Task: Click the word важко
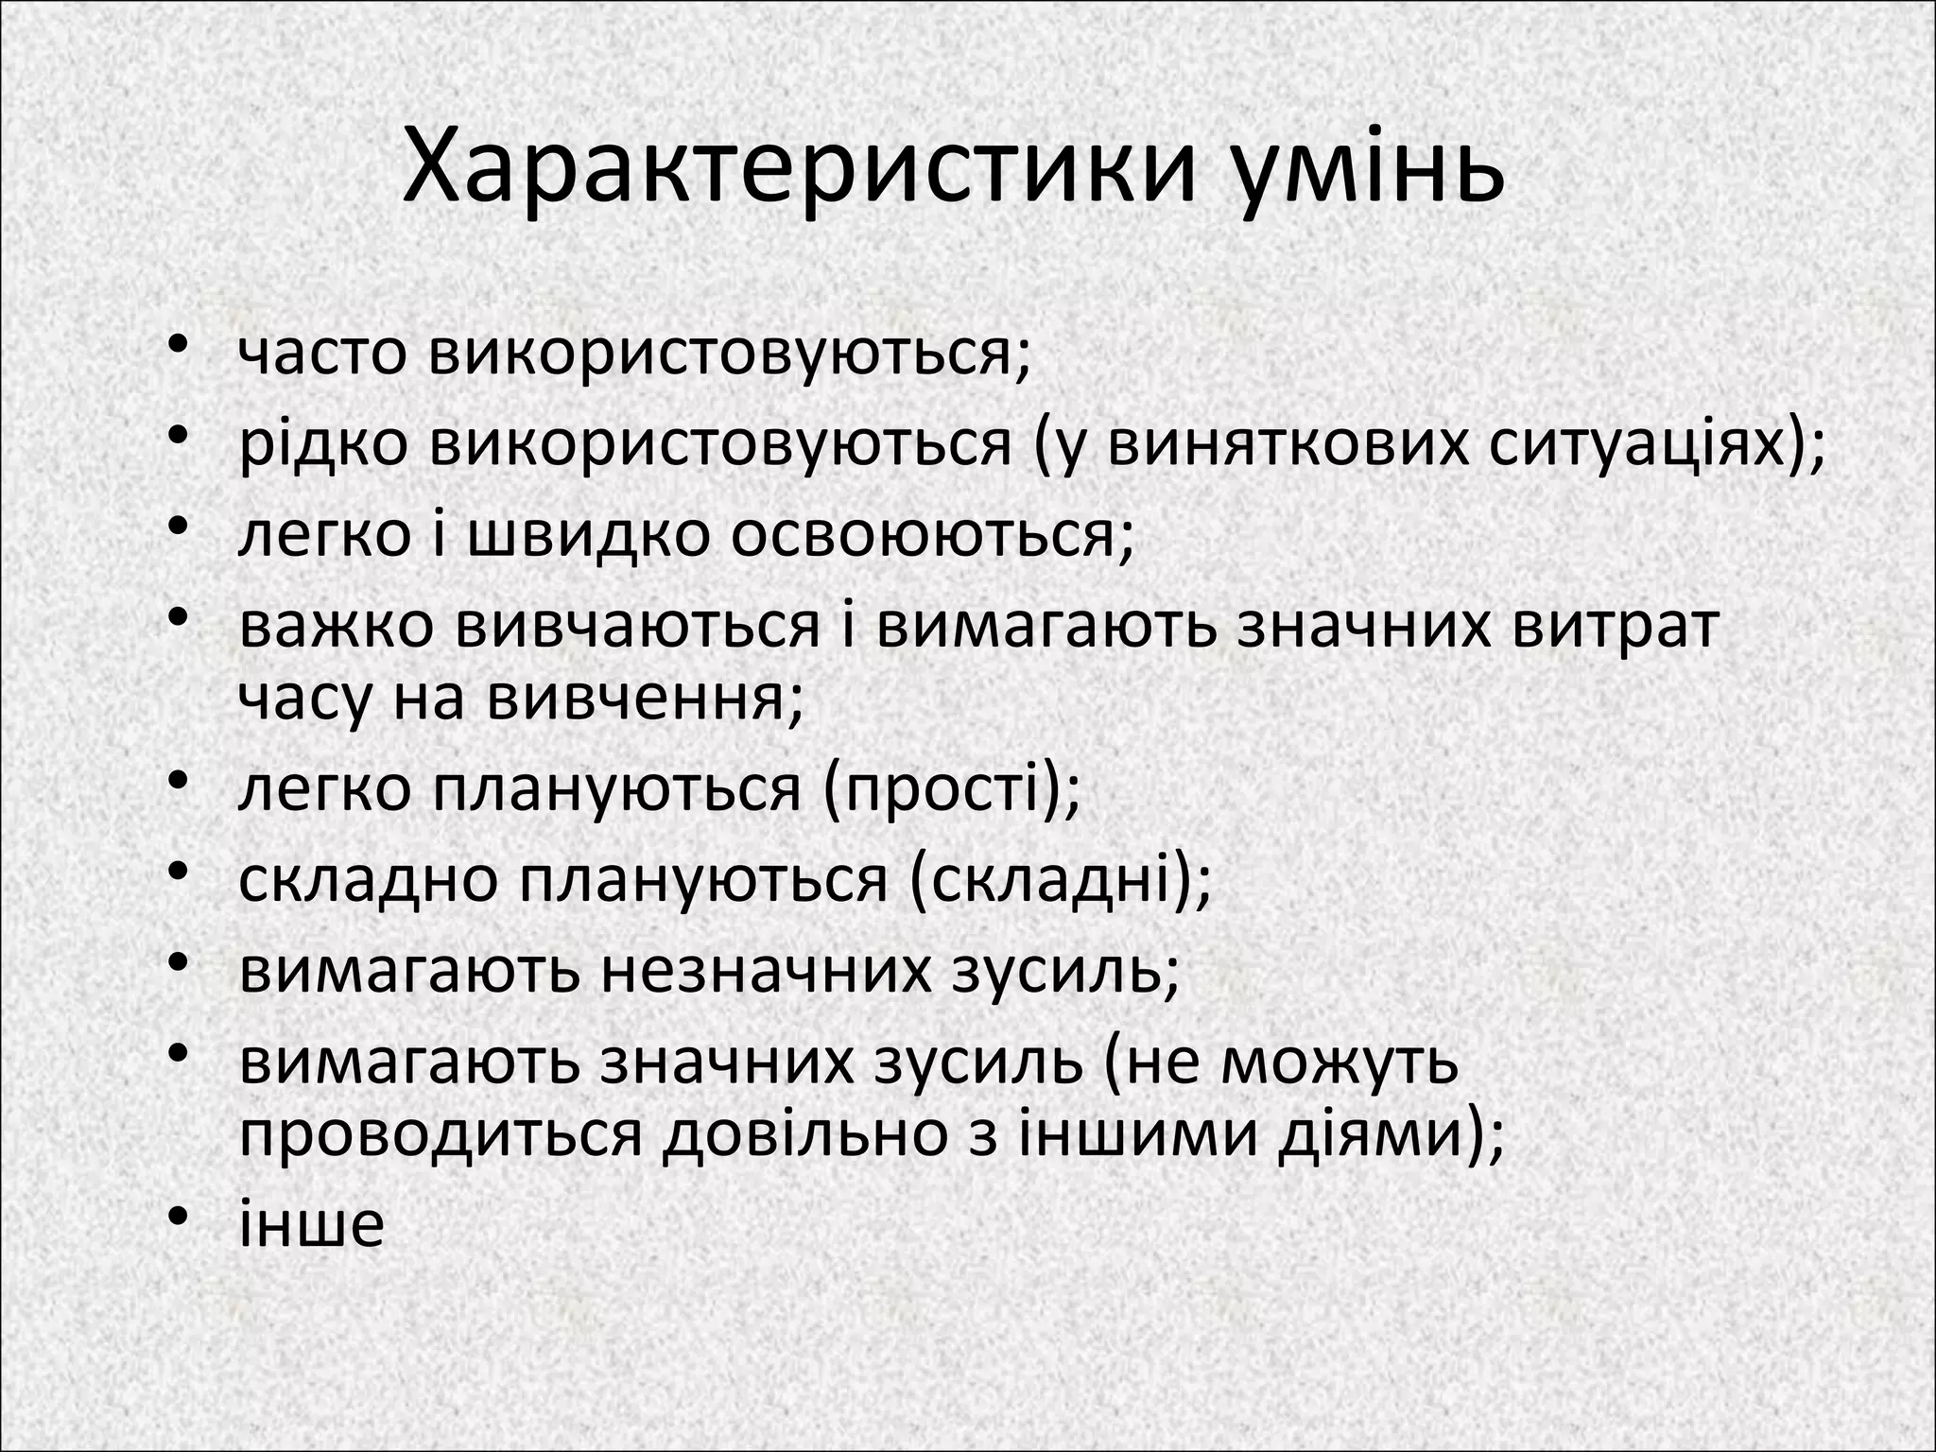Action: point(337,626)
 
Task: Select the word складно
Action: point(368,879)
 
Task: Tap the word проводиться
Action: point(441,1133)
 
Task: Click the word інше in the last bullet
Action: point(311,1224)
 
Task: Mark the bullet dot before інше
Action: point(180,1220)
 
